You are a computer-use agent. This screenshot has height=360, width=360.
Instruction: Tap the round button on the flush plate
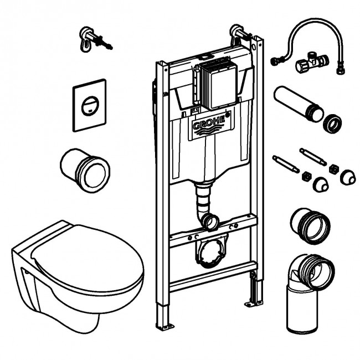tap(90, 106)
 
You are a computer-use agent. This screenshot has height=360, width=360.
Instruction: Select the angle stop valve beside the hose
tap(312, 63)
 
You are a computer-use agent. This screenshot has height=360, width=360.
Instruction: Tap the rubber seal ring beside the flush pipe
tap(332, 124)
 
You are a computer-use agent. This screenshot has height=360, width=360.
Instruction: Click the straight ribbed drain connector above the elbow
tap(310, 225)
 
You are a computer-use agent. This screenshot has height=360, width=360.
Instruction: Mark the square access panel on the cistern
tap(218, 83)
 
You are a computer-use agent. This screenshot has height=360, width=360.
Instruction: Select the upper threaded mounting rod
tap(313, 157)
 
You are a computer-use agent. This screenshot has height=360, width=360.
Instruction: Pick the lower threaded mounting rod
tap(286, 164)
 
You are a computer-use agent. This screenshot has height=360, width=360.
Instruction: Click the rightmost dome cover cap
tap(348, 177)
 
